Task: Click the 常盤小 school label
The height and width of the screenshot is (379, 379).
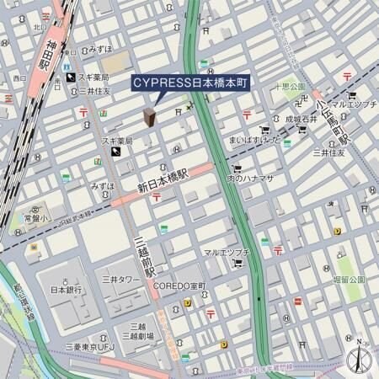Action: [35, 216]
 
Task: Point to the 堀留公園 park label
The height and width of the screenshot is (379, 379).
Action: [348, 280]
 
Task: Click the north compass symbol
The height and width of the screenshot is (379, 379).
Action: [360, 357]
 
